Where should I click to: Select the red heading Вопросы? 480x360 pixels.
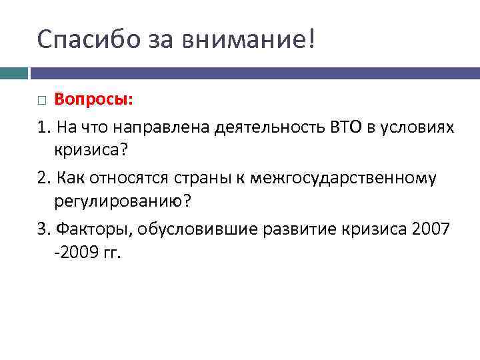coord(94,100)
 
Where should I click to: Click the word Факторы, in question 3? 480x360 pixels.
coord(88,229)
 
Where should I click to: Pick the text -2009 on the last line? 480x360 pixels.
coord(75,254)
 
